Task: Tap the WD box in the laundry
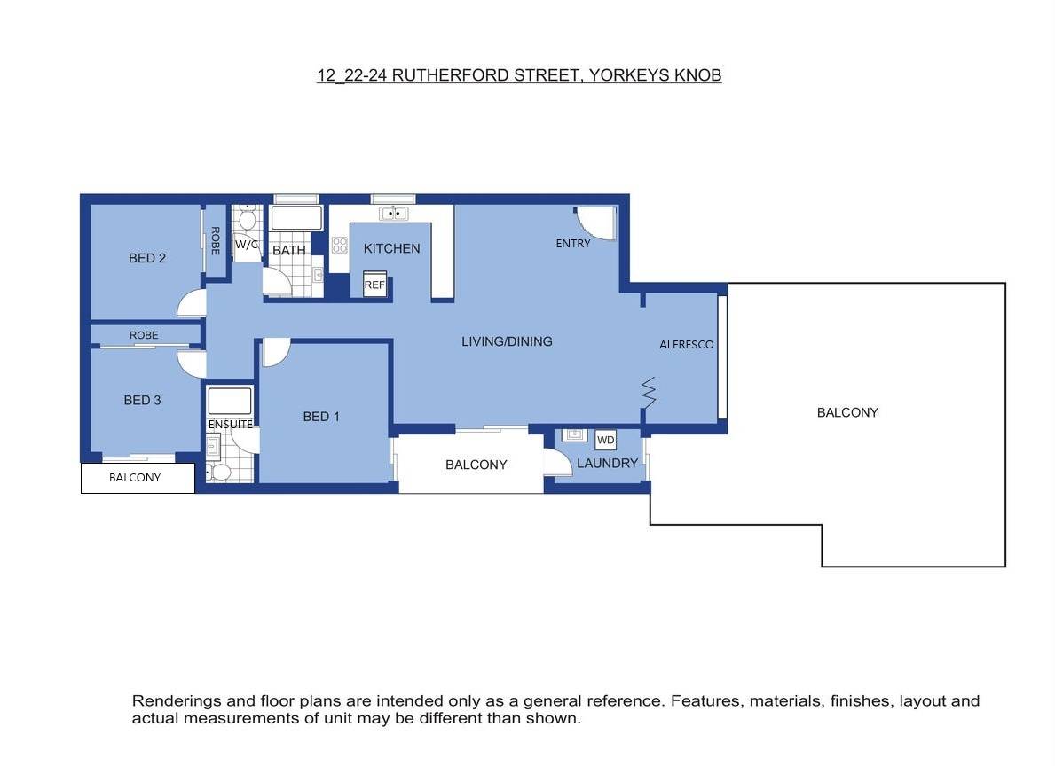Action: [x=605, y=440]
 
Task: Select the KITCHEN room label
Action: [x=391, y=249]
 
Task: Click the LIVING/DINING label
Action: [x=507, y=341]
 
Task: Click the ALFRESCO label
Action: [x=686, y=344]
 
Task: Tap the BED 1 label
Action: [x=321, y=417]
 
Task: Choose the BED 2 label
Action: [x=146, y=258]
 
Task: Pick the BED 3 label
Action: [x=142, y=400]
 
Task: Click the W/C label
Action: [x=247, y=244]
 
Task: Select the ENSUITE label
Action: [x=230, y=425]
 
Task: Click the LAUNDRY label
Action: [x=607, y=464]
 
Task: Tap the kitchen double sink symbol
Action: [x=394, y=213]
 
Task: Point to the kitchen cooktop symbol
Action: [x=339, y=245]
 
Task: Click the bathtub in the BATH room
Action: [x=296, y=218]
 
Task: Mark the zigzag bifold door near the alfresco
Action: [x=648, y=392]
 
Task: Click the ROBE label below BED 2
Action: [x=144, y=335]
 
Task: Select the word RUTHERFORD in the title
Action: [x=451, y=75]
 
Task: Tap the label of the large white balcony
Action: [x=847, y=413]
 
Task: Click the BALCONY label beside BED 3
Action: [x=135, y=478]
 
